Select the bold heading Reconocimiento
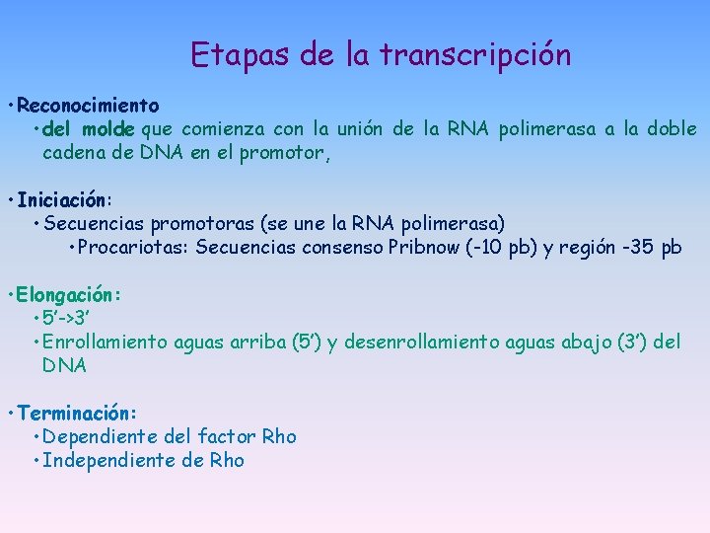coord(88,105)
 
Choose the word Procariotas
coord(132,248)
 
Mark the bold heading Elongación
coord(69,294)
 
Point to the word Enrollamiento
coord(106,343)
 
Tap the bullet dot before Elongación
coord(9,295)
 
